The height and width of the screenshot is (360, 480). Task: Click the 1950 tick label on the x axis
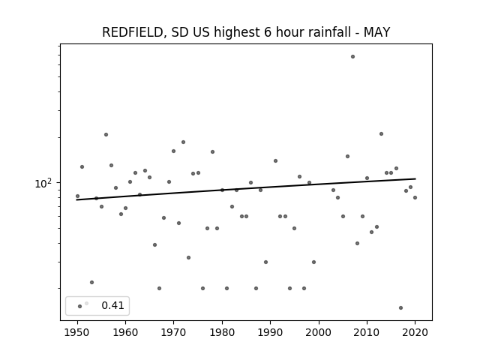tap(77, 332)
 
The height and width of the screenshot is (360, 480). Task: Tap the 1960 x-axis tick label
tap(125, 332)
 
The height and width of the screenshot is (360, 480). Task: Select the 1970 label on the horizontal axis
tap(173, 332)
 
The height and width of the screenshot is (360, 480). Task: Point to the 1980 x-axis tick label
tap(222, 332)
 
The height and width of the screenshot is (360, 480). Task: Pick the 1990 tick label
tap(270, 332)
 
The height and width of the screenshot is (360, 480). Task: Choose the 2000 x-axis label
tap(319, 332)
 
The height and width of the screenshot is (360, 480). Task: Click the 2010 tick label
tap(367, 332)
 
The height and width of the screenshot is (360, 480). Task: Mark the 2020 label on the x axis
tap(415, 332)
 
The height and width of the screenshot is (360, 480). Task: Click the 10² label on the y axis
tap(43, 183)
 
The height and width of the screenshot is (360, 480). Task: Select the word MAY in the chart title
tap(376, 32)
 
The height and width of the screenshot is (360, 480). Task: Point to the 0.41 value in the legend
tap(112, 305)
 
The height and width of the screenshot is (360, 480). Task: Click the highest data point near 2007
tap(352, 57)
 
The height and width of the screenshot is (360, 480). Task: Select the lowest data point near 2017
tap(400, 308)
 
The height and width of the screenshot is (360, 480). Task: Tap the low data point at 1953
tap(91, 282)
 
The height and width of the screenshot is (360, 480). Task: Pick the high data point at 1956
tap(106, 135)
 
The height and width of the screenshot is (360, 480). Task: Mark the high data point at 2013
tap(381, 133)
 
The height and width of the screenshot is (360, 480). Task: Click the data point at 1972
tap(183, 142)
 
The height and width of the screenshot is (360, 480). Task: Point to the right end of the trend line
tap(415, 178)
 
